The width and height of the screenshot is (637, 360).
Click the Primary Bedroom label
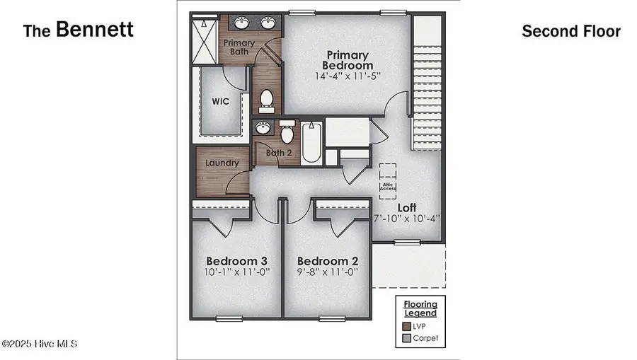pos(348,60)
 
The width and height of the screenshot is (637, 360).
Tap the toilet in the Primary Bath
pos(267,102)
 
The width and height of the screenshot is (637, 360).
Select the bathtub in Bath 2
pos(312,143)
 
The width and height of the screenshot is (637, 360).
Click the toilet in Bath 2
pos(287,132)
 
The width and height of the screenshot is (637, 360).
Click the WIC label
pos(221,100)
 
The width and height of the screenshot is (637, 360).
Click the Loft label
pos(406,207)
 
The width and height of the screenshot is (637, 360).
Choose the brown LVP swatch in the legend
pos(406,326)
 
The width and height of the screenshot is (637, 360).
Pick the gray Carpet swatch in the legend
pos(406,338)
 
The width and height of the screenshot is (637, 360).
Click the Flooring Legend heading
pos(420,308)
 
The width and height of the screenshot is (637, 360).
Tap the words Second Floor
pos(570,31)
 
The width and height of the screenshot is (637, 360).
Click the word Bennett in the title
pos(94,30)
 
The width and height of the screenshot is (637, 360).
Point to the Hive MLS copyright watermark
pos(39,344)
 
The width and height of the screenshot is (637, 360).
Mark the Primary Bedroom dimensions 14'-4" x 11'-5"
pos(348,76)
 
